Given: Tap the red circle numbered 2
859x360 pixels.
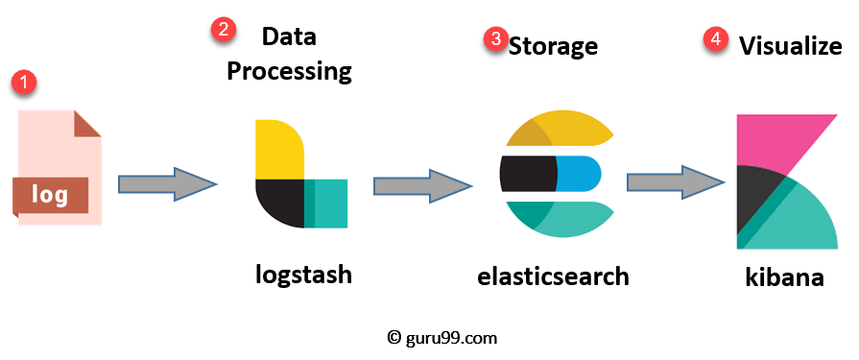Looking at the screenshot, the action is point(224,30).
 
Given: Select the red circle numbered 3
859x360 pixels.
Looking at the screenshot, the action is point(495,40).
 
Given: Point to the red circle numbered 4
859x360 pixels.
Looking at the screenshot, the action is point(715,39).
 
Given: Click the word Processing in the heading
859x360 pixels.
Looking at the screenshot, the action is point(289,72).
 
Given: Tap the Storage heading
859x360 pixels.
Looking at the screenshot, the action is point(553,47).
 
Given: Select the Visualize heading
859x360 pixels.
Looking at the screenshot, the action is point(791,46).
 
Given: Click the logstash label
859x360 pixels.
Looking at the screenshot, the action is point(303,274).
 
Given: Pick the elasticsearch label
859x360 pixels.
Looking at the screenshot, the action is point(553,276).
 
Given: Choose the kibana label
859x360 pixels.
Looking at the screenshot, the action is point(784,276).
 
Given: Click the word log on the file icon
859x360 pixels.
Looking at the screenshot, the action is point(49,195).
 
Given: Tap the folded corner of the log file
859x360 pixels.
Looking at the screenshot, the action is point(86,123).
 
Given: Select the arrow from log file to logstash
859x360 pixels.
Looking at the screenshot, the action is point(168,184).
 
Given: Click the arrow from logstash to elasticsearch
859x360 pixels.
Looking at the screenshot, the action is point(423,186).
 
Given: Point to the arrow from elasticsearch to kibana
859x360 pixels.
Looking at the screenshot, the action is point(677,182).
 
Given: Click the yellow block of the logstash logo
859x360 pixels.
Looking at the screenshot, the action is point(279,149).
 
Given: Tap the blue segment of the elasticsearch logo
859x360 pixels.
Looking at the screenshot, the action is point(579,175).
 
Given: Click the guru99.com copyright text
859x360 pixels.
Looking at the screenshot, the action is point(442,338).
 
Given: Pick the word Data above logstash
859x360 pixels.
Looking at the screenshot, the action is point(289,37).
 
